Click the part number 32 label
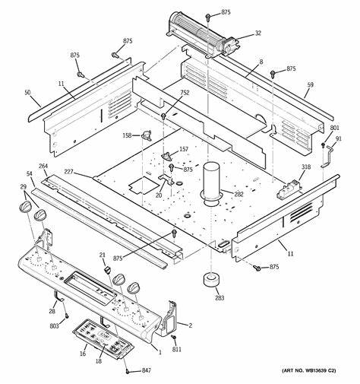click(x=257, y=33)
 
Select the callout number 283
click(x=219, y=299)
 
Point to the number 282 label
click(x=238, y=195)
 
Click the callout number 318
click(x=306, y=167)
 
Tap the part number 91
click(x=339, y=138)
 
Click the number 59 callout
click(x=310, y=87)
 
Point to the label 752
click(x=185, y=92)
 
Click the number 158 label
click(x=127, y=136)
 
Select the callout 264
click(x=43, y=167)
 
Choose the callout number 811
click(x=177, y=350)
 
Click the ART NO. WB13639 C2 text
click(x=314, y=370)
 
